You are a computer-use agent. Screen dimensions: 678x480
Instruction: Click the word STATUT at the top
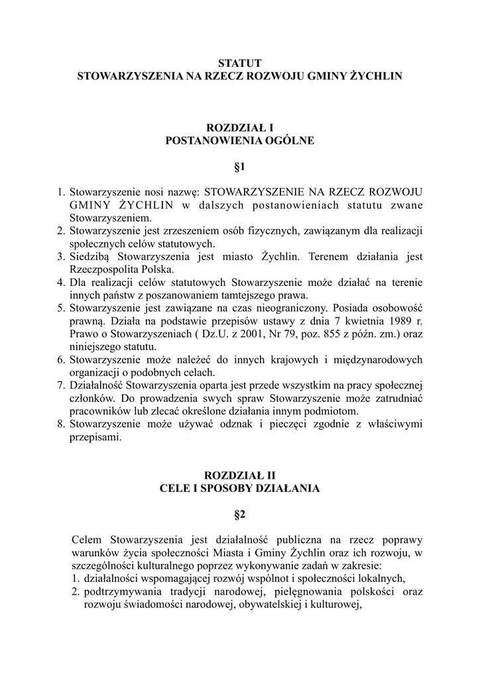(240, 64)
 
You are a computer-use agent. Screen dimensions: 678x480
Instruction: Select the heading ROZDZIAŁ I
(240, 127)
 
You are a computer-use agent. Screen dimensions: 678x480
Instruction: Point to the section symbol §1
(240, 166)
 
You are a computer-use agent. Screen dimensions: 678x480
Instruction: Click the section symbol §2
(240, 514)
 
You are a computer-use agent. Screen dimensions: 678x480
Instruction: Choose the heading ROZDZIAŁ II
(240, 475)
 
